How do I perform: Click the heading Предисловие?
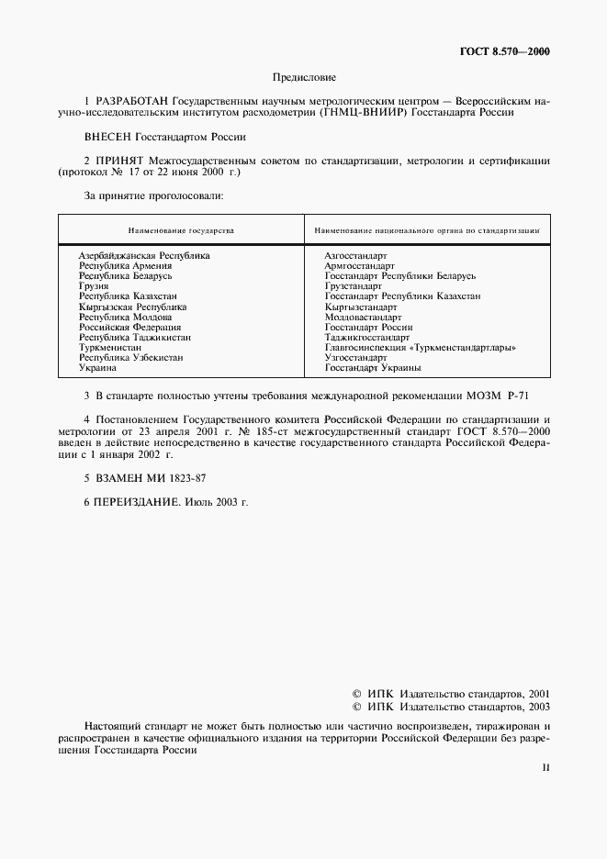pos(304,78)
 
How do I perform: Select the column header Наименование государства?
pos(181,230)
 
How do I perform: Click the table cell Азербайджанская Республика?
pos(144,254)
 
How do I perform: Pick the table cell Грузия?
pos(94,286)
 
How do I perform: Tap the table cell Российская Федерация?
pos(129,327)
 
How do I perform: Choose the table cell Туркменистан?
pos(110,348)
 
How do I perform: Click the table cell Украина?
pos(97,368)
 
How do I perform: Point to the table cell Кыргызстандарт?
pos(361,307)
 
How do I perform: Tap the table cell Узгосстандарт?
pos(356,358)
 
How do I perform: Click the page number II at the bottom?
pos(545,767)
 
